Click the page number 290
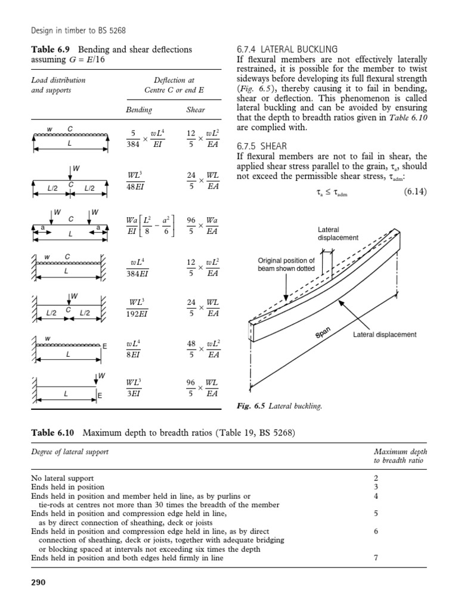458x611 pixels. click(38, 582)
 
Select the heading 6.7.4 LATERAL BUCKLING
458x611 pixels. click(287, 49)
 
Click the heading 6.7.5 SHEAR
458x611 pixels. click(262, 146)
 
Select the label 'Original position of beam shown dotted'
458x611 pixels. click(286, 264)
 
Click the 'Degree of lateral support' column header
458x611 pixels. click(70, 452)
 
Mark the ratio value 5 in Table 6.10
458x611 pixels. click(376, 513)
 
